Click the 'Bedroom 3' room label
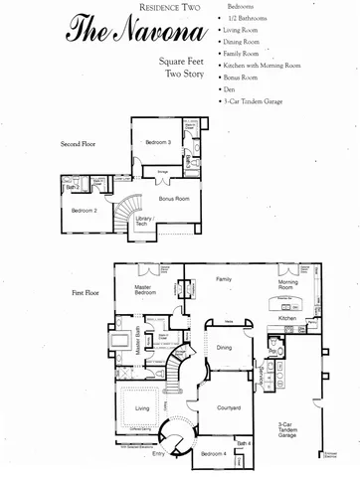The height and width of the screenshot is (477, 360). click(x=158, y=142)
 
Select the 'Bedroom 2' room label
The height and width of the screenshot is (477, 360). click(x=83, y=210)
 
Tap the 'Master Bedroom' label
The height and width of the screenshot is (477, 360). click(x=150, y=290)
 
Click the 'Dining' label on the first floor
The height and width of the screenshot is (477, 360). click(x=224, y=347)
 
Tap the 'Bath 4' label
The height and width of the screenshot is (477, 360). click(x=245, y=442)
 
